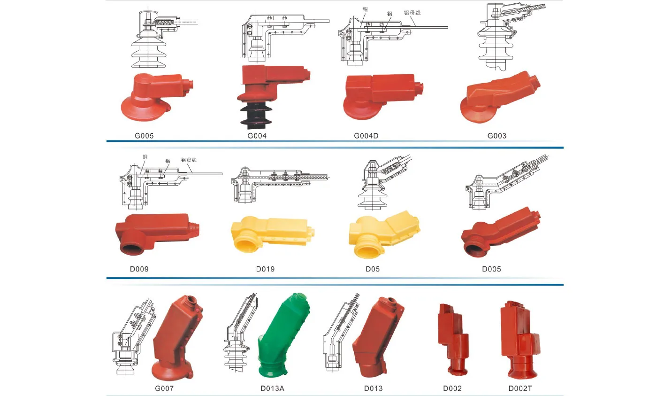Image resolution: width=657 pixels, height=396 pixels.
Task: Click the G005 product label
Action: (x=144, y=136)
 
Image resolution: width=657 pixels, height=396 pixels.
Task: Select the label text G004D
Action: (x=366, y=136)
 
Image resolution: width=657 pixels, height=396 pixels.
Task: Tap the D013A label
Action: (x=272, y=388)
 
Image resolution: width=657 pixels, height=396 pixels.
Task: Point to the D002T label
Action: (x=520, y=388)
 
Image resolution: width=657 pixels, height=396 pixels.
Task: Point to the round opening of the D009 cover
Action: (x=133, y=247)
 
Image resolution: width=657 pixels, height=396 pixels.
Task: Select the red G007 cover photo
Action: (x=176, y=338)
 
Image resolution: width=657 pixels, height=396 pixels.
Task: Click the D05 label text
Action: (x=373, y=269)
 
